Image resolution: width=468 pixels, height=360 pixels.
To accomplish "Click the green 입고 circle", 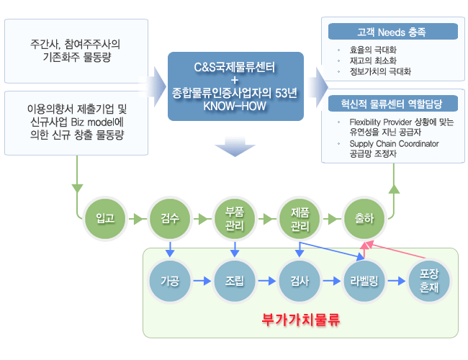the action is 105,218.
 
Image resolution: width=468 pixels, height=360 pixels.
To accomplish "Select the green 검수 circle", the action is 170,218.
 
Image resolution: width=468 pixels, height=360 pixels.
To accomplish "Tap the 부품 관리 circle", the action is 235,218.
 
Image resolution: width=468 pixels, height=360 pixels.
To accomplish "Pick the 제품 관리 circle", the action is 300,218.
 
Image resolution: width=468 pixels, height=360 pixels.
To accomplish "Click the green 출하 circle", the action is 364,218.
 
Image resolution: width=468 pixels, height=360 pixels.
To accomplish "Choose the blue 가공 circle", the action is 170,281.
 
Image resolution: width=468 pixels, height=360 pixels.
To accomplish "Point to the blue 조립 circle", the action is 235,281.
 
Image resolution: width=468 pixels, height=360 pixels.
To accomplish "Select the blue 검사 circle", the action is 300,281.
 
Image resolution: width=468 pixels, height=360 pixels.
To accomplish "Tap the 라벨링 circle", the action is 364,281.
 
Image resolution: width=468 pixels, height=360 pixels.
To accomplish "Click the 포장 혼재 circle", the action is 429,281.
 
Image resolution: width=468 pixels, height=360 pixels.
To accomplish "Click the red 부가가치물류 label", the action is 300,320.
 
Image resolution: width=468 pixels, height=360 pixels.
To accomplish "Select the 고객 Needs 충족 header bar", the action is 393,32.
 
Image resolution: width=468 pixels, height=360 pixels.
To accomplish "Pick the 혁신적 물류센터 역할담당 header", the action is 393,104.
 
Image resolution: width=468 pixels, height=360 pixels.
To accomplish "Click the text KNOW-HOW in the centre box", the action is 235,106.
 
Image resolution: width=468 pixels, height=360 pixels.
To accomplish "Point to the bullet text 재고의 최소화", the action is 373,60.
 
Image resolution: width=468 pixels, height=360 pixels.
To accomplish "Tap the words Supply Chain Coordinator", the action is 394,144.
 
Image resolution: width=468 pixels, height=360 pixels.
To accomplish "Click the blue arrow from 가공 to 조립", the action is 202,281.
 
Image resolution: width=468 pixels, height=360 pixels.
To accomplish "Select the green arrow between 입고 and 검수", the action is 138,219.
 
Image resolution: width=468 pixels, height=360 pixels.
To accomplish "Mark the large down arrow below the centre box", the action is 235,147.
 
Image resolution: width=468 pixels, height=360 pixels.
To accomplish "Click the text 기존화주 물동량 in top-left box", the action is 77,57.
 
